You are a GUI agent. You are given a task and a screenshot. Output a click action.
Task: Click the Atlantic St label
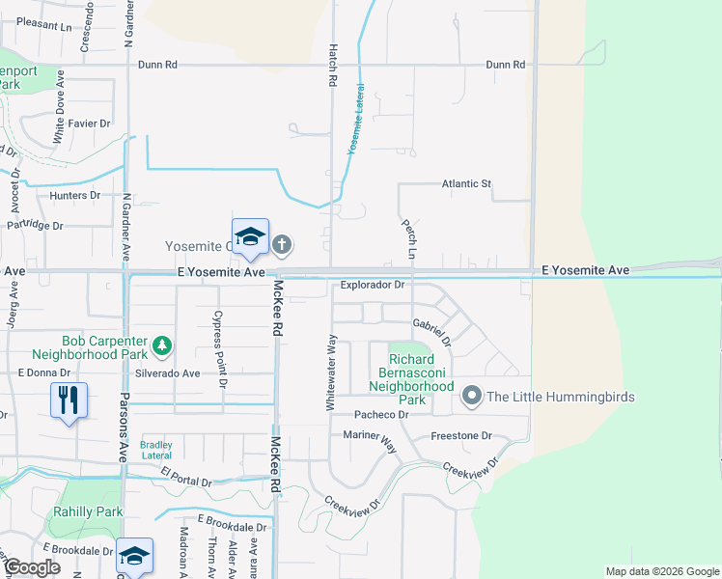point(466,183)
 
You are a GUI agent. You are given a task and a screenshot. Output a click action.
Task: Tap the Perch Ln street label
point(410,237)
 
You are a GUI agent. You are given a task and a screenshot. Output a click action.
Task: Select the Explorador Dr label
point(371,286)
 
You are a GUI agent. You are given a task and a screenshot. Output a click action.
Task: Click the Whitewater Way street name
point(331,373)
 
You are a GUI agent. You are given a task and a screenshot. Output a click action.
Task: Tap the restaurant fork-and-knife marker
point(69,400)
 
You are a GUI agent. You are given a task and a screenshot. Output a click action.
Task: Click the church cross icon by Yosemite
point(282,244)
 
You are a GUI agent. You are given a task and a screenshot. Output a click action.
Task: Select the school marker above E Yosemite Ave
point(250,236)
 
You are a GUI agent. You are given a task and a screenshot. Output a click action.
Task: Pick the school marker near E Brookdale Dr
point(134,556)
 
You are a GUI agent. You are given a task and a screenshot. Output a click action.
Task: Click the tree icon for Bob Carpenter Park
point(164,344)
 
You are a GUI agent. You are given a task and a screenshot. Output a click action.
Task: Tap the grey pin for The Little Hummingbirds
point(472,396)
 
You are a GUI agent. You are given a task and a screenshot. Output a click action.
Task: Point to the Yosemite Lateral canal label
point(354,130)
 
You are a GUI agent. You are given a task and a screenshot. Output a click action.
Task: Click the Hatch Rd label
point(331,68)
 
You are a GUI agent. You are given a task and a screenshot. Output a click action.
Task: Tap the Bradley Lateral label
point(156,450)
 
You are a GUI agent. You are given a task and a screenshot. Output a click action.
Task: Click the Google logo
point(33,567)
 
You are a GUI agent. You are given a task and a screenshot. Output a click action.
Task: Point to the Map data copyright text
point(661,571)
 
